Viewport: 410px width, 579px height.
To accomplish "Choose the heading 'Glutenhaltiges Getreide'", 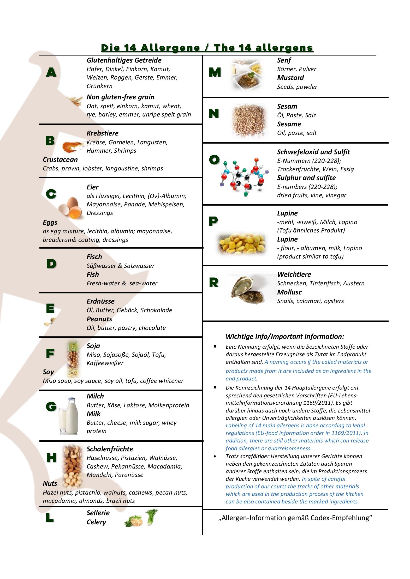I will pyautogui.click(x=124, y=60).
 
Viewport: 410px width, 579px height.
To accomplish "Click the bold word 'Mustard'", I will pyautogui.click(x=290, y=78).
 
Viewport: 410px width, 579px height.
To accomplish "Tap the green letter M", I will pyautogui.click(x=215, y=72).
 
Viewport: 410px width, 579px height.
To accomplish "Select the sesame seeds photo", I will pyautogui.click(x=249, y=120).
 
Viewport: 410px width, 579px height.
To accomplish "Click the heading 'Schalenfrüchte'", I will pyautogui.click(x=110, y=449).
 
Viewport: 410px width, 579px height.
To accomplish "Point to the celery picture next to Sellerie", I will pyautogui.click(x=141, y=519).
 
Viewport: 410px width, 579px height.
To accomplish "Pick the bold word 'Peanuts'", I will pyautogui.click(x=99, y=319).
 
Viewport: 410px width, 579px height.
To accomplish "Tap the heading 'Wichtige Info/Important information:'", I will pyautogui.click(x=285, y=336).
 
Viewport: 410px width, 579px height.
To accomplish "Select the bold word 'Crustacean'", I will pyautogui.click(x=60, y=159).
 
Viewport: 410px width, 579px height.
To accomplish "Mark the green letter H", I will pyautogui.click(x=51, y=458).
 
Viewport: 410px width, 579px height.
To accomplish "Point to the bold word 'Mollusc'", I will pyautogui.click(x=289, y=292).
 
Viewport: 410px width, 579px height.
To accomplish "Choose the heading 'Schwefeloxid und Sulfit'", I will pyautogui.click(x=313, y=152).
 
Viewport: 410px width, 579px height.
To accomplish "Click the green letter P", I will pyautogui.click(x=213, y=221).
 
